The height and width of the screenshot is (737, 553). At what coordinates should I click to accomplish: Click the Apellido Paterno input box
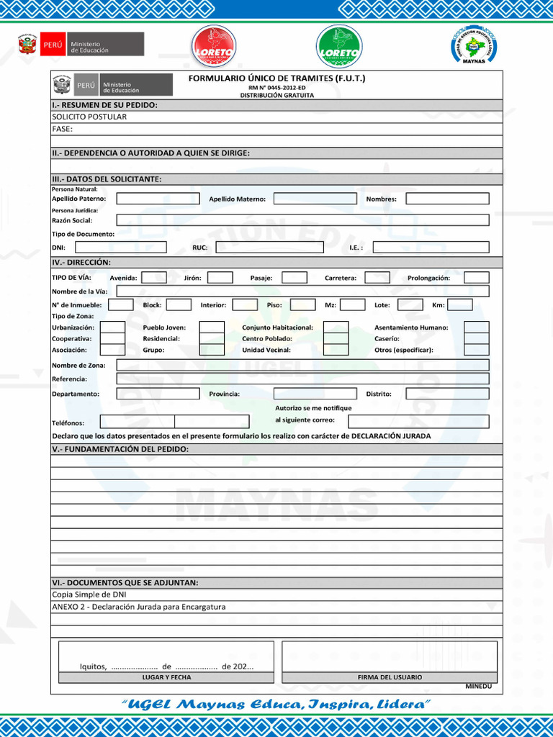(x=158, y=199)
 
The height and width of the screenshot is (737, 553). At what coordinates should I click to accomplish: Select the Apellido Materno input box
(x=315, y=199)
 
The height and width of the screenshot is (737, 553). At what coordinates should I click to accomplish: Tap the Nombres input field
(x=447, y=199)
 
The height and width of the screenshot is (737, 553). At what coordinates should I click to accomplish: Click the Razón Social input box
(x=302, y=220)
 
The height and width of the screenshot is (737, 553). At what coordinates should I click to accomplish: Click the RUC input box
(x=269, y=247)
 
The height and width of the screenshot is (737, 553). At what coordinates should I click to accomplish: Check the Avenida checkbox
(x=154, y=278)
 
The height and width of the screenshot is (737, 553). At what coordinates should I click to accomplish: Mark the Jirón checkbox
(x=220, y=278)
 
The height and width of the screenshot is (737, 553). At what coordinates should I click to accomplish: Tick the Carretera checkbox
(x=377, y=278)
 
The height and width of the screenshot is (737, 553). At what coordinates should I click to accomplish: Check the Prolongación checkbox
(x=476, y=278)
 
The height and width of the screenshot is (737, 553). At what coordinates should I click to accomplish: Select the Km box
(x=460, y=304)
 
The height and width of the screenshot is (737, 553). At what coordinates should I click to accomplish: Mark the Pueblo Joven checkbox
(x=212, y=327)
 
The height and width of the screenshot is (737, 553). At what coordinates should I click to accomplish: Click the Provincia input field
(x=315, y=394)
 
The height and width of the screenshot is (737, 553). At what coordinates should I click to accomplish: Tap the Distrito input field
(x=447, y=394)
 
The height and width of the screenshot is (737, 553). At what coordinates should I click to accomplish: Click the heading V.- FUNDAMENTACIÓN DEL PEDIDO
(x=120, y=449)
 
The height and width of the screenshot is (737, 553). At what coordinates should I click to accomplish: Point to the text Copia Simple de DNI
(x=89, y=594)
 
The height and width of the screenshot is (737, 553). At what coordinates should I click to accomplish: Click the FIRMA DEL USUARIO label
(x=390, y=677)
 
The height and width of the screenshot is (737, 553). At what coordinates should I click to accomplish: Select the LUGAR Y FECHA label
(x=166, y=677)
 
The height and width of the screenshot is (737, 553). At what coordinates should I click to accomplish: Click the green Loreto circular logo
(x=339, y=47)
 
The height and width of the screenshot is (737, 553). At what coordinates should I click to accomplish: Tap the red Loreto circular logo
(x=214, y=47)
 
